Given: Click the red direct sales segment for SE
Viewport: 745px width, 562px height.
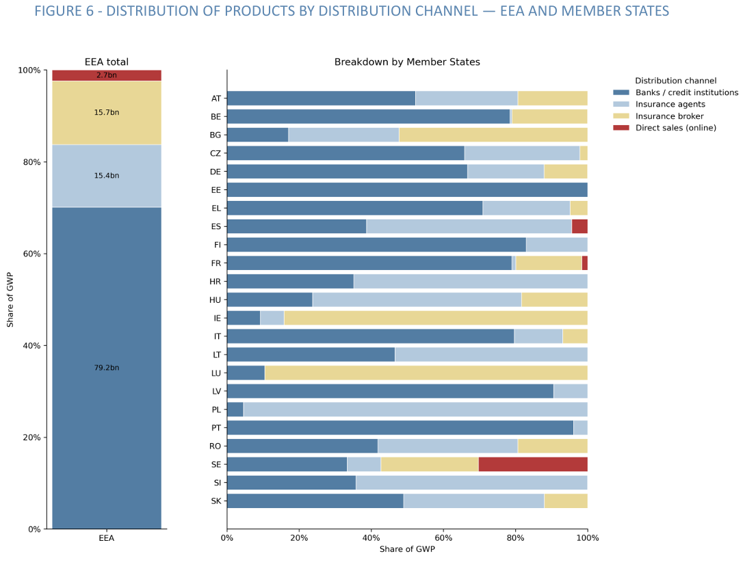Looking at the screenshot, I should tap(533, 464).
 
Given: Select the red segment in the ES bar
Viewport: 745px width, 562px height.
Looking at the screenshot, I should tap(579, 226).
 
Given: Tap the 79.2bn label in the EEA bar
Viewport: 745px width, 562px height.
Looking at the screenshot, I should tap(107, 368).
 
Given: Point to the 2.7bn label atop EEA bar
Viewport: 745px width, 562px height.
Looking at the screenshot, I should tap(107, 75).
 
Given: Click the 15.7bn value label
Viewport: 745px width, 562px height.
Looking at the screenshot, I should tap(107, 112).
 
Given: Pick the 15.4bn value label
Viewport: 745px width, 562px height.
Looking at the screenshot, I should tap(107, 176).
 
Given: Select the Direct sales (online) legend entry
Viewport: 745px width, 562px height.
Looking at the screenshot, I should tap(675, 128).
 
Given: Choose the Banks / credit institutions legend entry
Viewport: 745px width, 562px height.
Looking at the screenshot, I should tap(686, 92).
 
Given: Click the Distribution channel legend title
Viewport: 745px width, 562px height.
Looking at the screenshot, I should tap(675, 81).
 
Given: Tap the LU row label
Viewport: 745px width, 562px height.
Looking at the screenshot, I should tap(215, 373).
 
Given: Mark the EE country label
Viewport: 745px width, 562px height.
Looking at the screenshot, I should tap(216, 190).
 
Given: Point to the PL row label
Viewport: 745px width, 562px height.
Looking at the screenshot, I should tap(216, 410).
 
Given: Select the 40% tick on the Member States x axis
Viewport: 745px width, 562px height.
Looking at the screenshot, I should tap(371, 538).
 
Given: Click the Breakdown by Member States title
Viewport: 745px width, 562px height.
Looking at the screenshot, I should tap(407, 62).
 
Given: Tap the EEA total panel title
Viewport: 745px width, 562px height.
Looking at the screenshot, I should tap(107, 62).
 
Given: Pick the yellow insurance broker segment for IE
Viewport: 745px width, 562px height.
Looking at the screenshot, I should tap(436, 318).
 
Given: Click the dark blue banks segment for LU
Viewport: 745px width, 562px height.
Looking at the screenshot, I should tap(246, 373).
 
